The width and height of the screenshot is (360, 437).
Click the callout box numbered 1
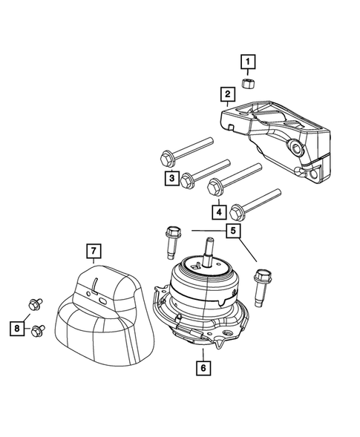tap(246, 61)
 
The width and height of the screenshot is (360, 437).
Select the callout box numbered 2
tap(227, 94)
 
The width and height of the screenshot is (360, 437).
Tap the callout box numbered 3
tap(171, 178)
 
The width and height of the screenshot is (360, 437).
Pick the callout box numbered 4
tap(219, 212)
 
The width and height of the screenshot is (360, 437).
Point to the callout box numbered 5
tap(233, 231)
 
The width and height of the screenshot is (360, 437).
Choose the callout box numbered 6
tap(202, 366)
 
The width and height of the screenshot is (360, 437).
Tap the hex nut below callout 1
tap(247, 81)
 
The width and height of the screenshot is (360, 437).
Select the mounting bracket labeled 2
tap(275, 134)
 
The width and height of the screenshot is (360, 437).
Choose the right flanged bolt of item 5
tap(261, 285)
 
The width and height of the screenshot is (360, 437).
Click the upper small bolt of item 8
tap(33, 303)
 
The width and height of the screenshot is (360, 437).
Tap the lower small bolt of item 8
tap(38, 329)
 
